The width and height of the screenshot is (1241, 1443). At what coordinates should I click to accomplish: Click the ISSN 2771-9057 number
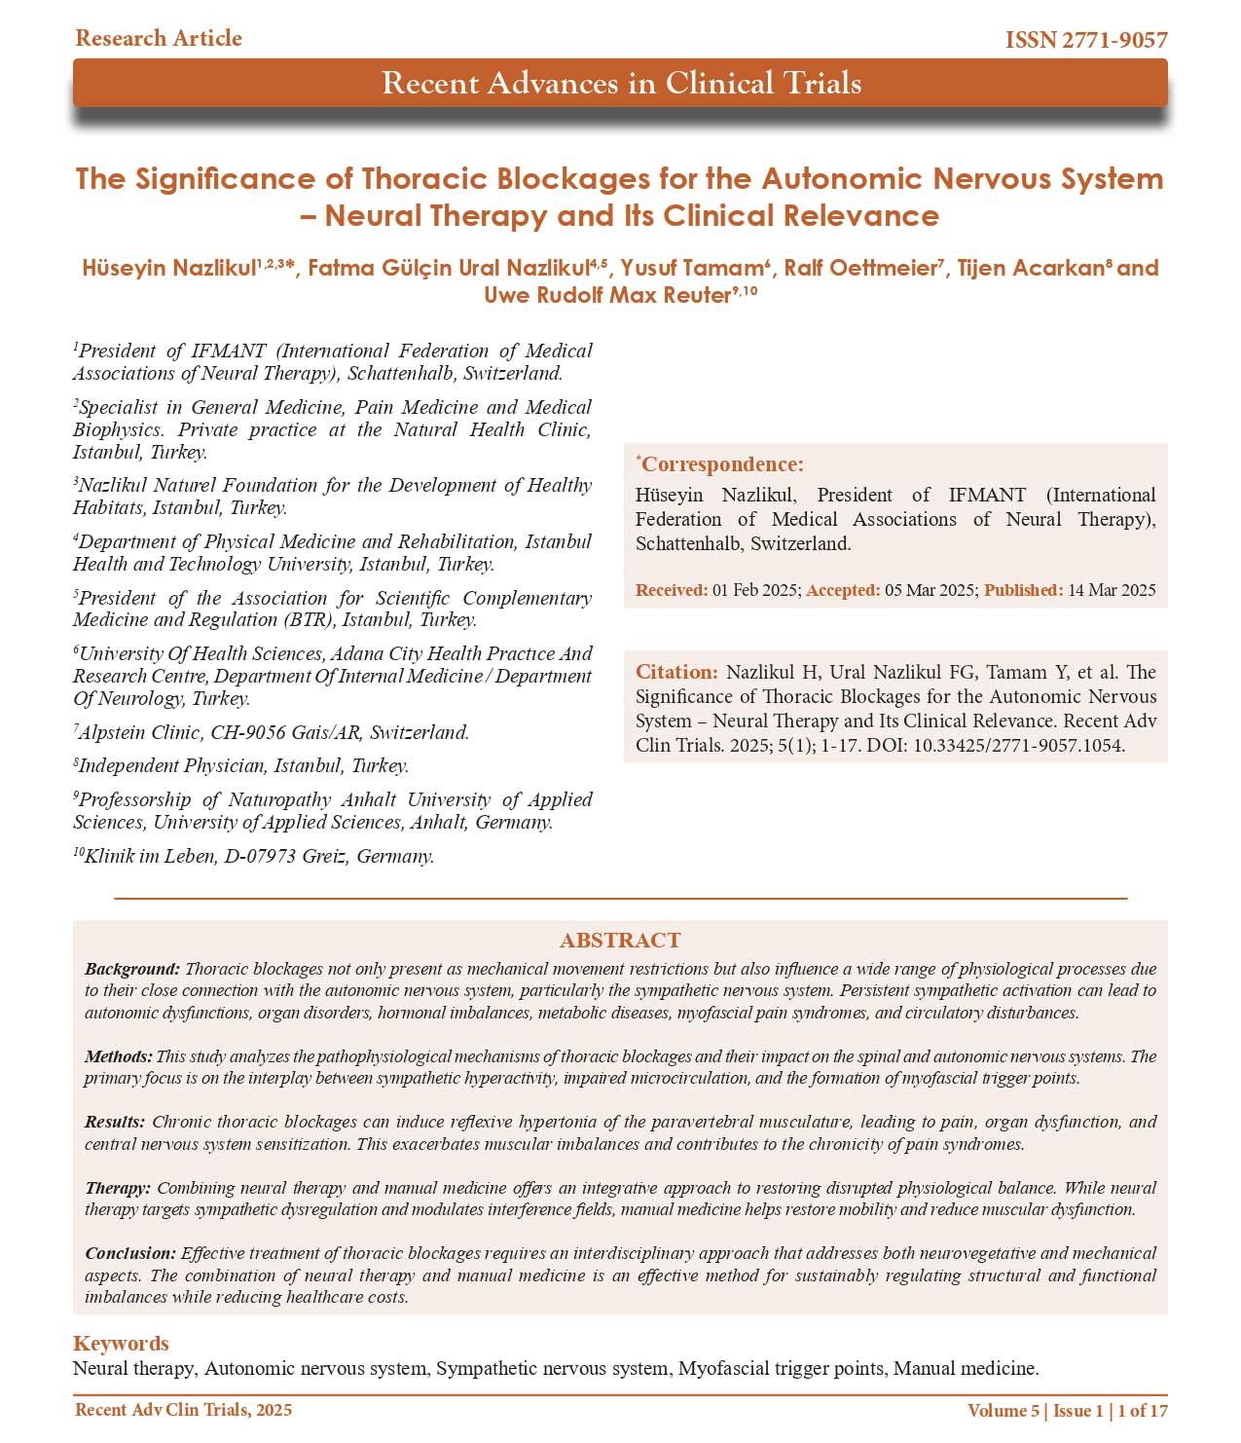tap(1086, 40)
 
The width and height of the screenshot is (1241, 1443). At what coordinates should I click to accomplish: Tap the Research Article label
tap(159, 38)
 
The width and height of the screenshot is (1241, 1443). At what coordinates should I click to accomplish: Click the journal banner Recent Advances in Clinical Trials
tap(621, 83)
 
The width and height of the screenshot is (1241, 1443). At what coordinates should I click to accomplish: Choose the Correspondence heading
tap(721, 464)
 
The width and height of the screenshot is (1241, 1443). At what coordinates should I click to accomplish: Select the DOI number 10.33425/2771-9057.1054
tap(1018, 746)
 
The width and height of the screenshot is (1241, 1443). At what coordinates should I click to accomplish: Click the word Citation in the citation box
tap(675, 672)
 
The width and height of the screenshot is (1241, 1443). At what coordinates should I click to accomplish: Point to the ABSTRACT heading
tap(620, 940)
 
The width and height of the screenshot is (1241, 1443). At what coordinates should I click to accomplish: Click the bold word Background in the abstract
tap(131, 969)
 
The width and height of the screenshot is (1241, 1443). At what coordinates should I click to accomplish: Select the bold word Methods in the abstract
tap(118, 1056)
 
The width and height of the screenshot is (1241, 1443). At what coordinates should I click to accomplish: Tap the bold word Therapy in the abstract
tap(117, 1188)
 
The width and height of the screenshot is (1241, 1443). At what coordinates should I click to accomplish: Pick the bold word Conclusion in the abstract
tap(129, 1253)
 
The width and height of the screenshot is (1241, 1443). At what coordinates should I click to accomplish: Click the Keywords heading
tap(121, 1343)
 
